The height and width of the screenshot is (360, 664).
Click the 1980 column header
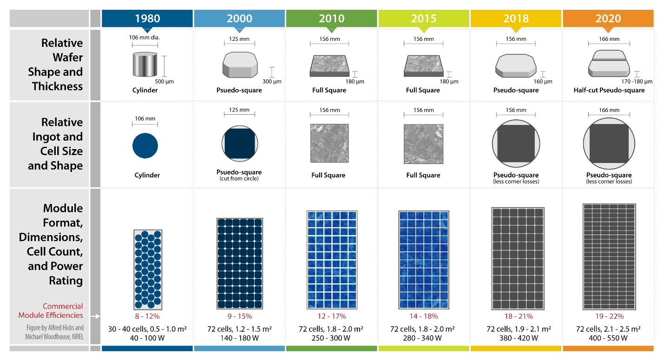(147, 19)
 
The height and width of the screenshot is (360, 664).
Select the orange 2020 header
(608, 19)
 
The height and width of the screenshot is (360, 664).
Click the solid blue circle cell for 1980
(145, 146)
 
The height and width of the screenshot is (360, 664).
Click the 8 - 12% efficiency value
(148, 316)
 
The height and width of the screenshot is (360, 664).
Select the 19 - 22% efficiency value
(608, 316)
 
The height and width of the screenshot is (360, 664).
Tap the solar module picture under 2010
(331, 260)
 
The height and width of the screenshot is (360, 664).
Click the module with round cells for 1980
(148, 269)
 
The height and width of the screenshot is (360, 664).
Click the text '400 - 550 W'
(608, 338)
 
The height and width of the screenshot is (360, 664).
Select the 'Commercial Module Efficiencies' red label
(51, 310)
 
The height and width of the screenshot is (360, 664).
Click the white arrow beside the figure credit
(95, 316)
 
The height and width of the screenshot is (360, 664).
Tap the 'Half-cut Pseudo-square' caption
(609, 90)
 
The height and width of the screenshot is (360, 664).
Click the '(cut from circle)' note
(239, 178)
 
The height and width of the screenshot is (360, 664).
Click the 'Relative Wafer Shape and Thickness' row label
(56, 65)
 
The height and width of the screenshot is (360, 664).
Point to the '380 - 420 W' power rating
(516, 338)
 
